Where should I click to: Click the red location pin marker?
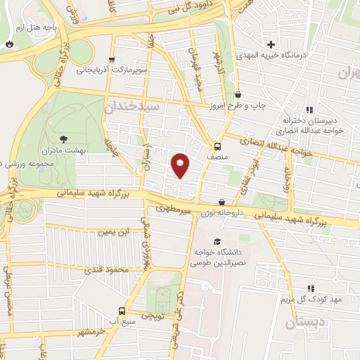[180, 165]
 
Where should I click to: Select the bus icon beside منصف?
[217, 146]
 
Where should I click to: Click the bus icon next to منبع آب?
[122, 311]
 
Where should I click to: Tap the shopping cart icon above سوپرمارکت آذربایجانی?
[110, 60]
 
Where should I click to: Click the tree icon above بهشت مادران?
[65, 139]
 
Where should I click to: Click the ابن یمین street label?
[115, 232]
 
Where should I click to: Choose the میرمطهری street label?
[172, 209]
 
